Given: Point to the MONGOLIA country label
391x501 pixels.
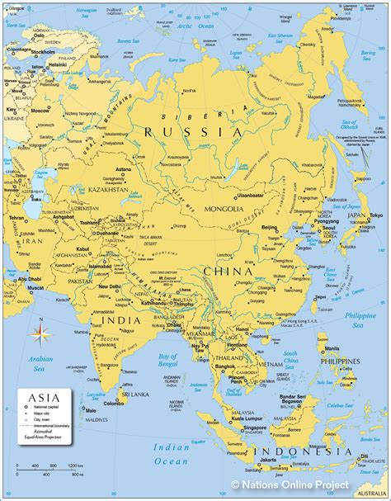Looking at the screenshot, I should click(224, 210).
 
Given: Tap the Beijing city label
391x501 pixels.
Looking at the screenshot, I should click(269, 226).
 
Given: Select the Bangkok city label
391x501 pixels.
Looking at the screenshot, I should click(225, 366).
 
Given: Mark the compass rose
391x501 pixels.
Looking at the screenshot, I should click(39, 333).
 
